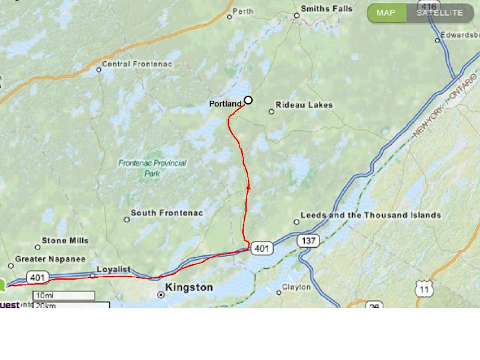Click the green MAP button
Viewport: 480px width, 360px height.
click(386, 13)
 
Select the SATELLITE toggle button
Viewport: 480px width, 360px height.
click(439, 13)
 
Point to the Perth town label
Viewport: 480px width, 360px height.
click(242, 11)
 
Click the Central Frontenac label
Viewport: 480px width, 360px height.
click(133, 64)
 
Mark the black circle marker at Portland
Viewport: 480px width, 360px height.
click(248, 100)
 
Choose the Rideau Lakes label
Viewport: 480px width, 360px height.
click(304, 105)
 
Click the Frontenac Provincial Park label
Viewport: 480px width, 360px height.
click(152, 168)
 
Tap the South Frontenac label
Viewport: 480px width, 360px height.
click(167, 213)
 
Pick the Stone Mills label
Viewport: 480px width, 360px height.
click(65, 241)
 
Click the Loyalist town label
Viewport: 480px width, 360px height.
click(114, 270)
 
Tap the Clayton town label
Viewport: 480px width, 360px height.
click(296, 287)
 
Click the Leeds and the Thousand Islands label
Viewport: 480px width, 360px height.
click(370, 215)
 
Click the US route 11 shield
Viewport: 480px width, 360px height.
click(425, 290)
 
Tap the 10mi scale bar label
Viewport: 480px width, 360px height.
click(45, 295)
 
